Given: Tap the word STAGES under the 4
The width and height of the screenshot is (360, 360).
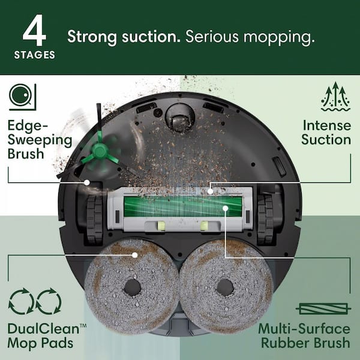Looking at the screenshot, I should (34, 55).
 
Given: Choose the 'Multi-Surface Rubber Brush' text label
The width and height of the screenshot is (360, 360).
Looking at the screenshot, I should (304, 336).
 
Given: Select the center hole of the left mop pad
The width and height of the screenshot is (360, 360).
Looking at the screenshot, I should (132, 287).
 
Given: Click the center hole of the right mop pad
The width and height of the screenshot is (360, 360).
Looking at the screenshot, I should (226, 287).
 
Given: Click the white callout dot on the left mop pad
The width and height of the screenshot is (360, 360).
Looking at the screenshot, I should (136, 254).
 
